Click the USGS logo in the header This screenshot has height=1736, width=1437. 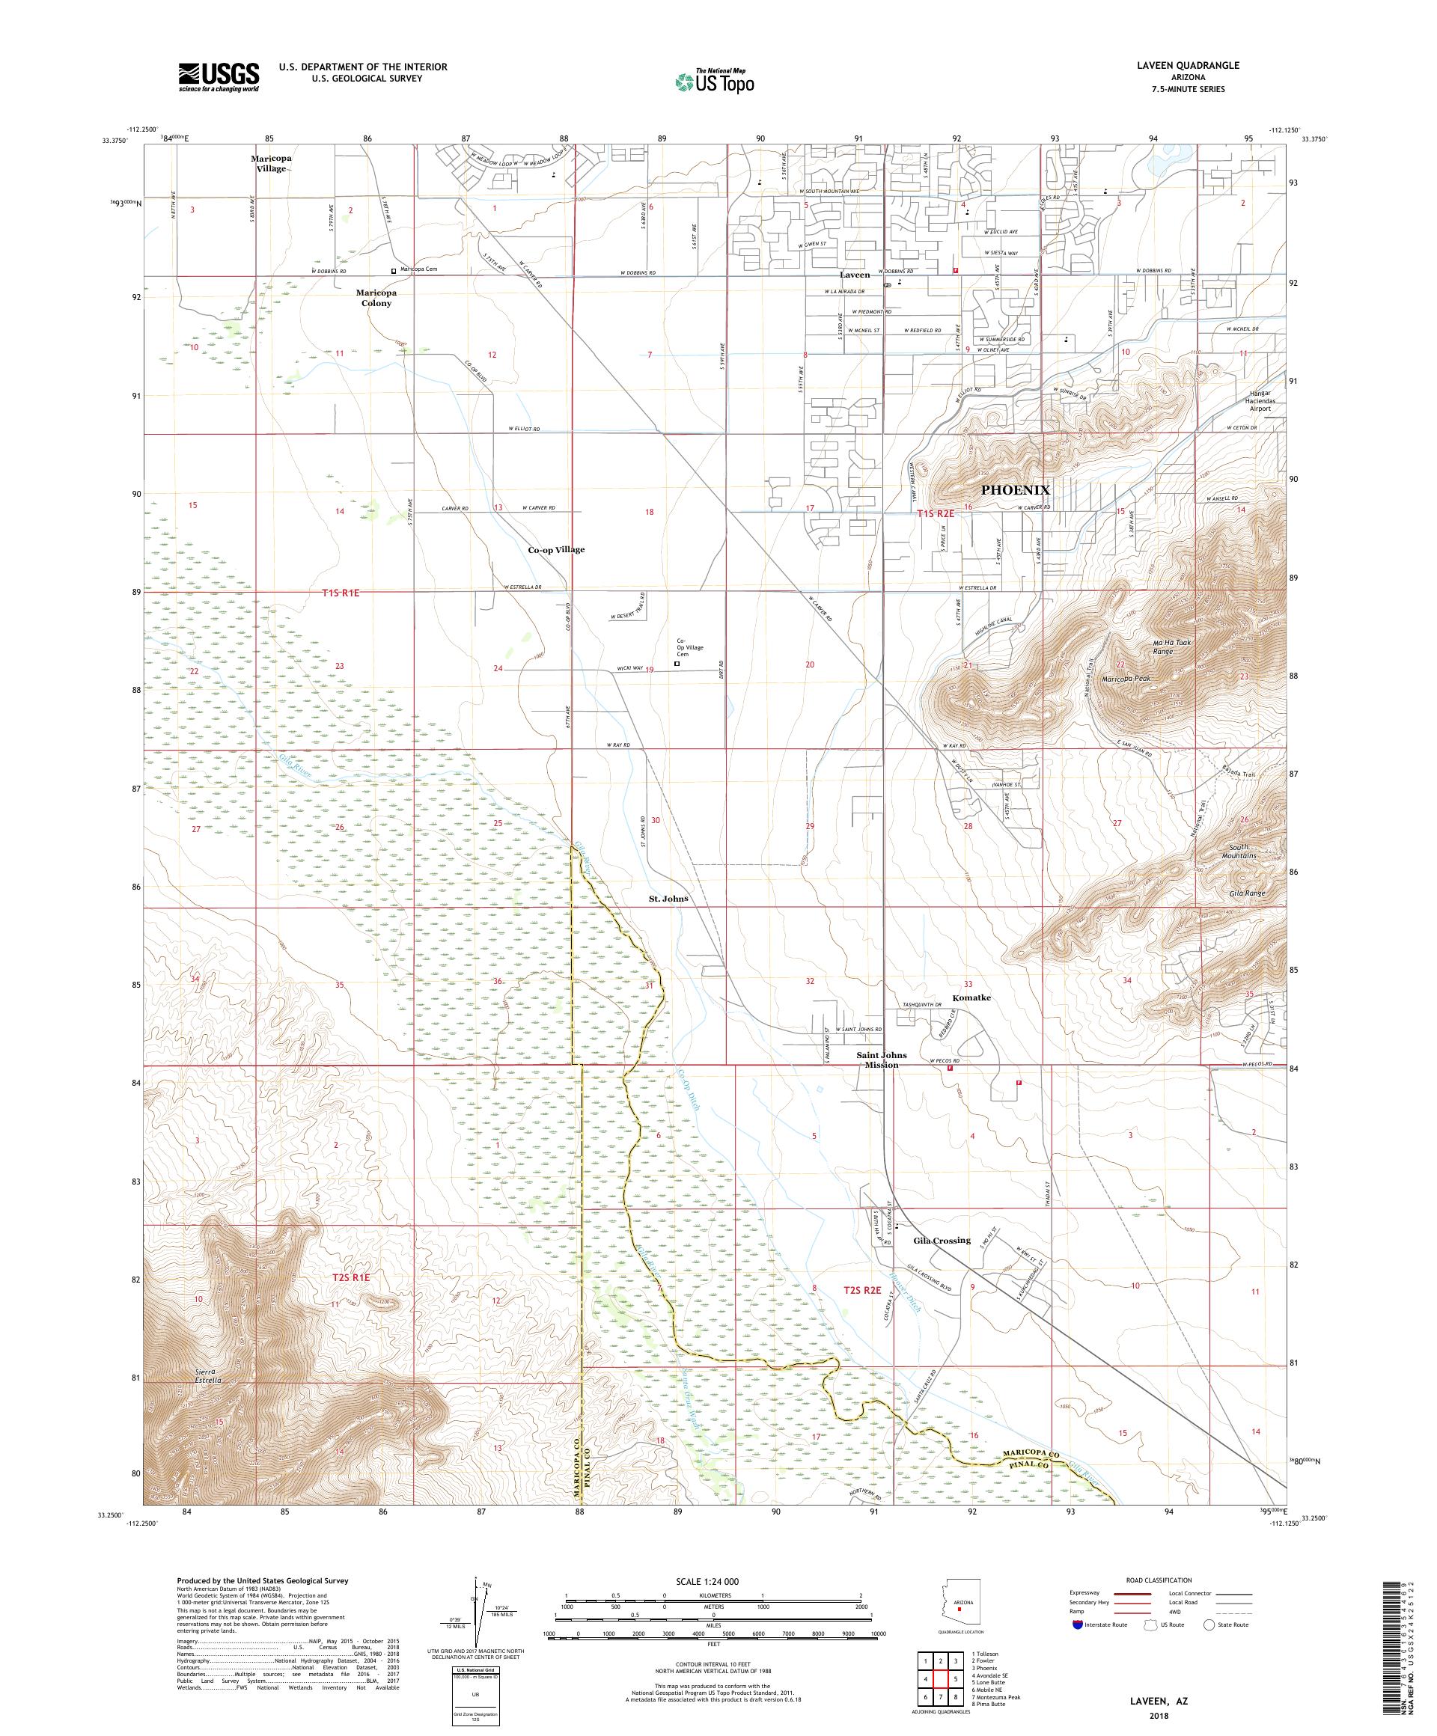(x=219, y=77)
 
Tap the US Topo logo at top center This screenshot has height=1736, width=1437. (x=716, y=81)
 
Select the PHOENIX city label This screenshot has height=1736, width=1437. (x=1014, y=490)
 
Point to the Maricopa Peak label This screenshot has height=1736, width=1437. (x=1126, y=679)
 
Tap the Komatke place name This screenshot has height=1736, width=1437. (x=971, y=997)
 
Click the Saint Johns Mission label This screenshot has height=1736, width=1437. (x=882, y=1060)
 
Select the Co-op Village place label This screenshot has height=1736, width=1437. (x=555, y=549)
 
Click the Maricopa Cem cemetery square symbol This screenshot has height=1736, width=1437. (x=394, y=269)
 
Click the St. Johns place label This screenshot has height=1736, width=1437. (x=668, y=898)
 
